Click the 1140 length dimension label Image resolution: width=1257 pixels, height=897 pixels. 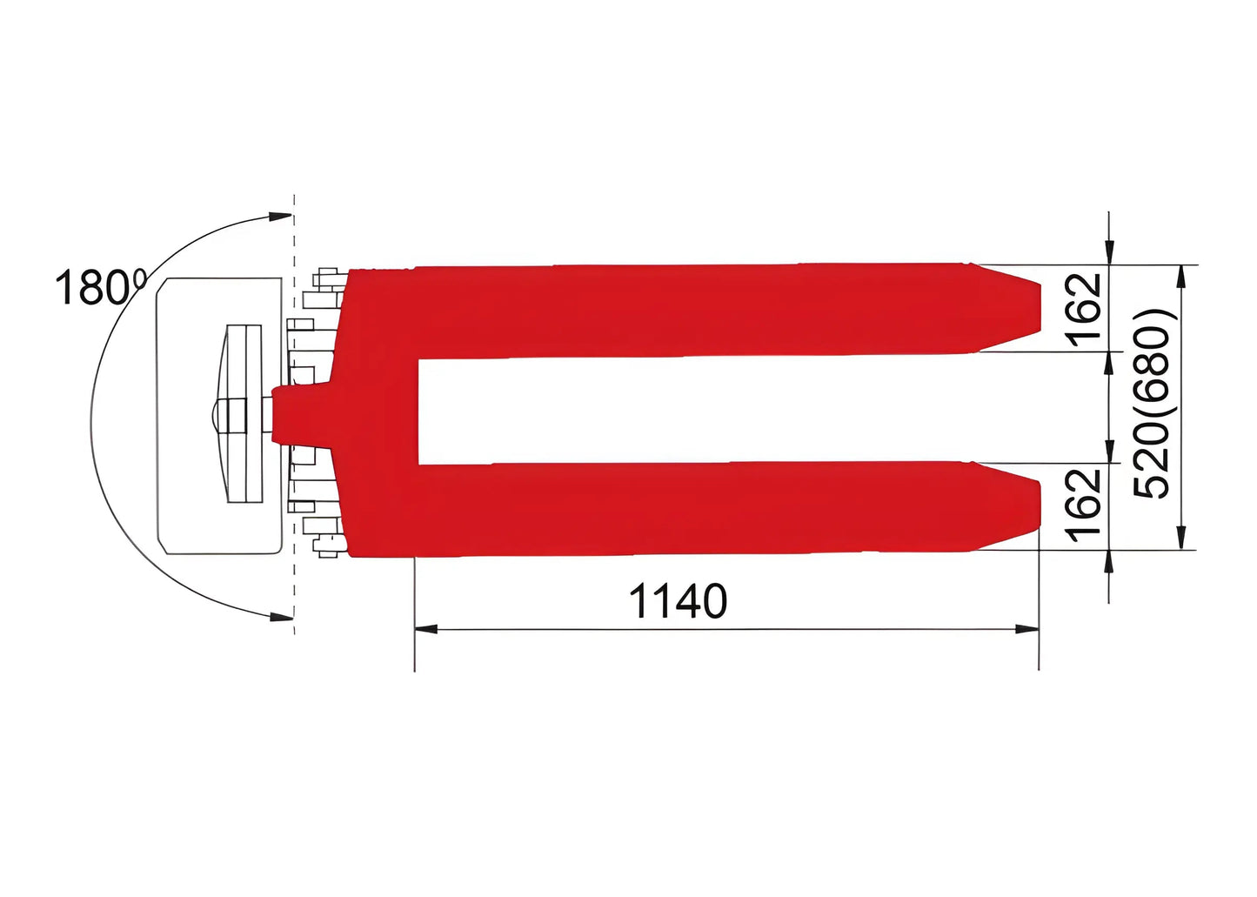coord(678,601)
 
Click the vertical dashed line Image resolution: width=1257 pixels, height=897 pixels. coord(295,409)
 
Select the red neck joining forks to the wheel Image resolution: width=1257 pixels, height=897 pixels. coord(300,415)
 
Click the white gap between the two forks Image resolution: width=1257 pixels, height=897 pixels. coord(696,410)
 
